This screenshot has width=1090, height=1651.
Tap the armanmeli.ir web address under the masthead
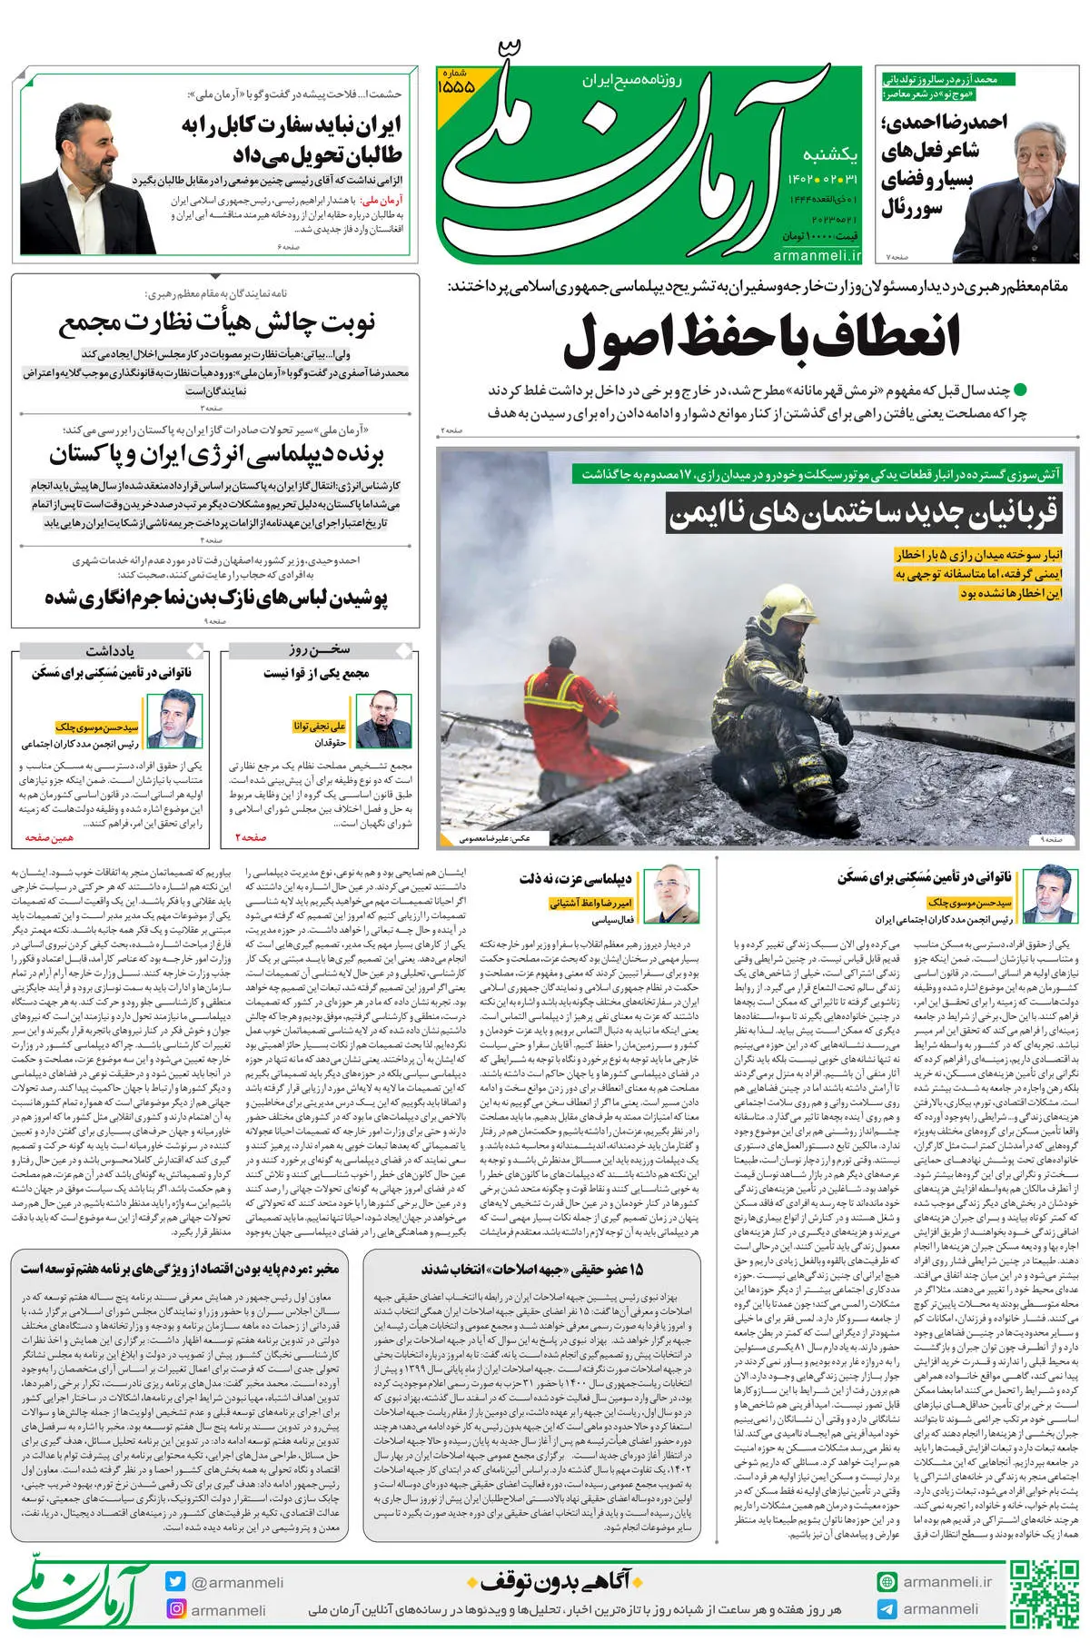coord(817,257)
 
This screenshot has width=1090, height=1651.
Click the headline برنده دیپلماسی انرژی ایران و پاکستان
coord(217,454)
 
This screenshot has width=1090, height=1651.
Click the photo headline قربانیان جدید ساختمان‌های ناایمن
coord(863,514)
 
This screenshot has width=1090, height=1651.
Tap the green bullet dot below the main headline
coord(1019,391)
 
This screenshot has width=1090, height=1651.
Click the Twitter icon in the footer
coord(175,1582)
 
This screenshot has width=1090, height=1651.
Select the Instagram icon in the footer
coord(175,1609)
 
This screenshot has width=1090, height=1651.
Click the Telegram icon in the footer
coord(887,1609)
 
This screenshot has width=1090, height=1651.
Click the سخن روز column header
coord(320,650)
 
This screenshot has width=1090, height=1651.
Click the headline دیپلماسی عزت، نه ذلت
coord(576,878)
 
